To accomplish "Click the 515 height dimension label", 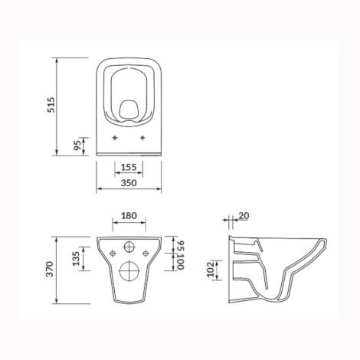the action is click(x=51, y=105).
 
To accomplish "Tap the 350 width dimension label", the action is click(x=129, y=183).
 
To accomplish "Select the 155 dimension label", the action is click(x=129, y=167).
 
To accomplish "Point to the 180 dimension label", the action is click(x=129, y=216).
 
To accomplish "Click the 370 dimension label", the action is click(x=50, y=269).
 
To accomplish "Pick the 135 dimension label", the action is click(x=76, y=259).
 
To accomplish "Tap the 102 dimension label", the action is click(x=211, y=270).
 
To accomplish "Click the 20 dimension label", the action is click(x=244, y=216).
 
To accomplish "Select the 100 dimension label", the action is click(x=181, y=262).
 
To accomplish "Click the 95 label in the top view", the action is click(x=77, y=146).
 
